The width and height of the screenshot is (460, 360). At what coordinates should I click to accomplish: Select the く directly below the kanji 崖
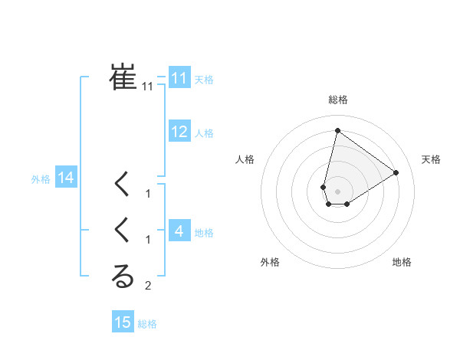123,184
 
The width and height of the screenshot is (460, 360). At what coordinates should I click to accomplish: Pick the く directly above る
123,230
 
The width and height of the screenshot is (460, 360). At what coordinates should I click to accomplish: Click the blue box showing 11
179,78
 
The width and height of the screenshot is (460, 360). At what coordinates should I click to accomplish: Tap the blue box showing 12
179,132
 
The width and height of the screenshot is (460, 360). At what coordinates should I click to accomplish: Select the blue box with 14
65,178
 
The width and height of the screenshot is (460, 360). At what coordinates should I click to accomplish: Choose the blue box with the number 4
179,231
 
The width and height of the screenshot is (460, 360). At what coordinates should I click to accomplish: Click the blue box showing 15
123,322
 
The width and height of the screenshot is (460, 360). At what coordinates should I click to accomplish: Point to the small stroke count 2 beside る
148,286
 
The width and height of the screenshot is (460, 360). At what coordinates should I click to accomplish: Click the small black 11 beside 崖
148,87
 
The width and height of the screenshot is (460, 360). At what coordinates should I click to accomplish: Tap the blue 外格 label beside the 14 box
41,179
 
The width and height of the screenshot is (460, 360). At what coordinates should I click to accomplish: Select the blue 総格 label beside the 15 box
147,324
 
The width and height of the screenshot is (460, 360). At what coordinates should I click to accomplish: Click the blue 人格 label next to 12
204,133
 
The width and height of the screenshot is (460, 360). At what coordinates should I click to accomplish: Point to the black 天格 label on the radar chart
431,159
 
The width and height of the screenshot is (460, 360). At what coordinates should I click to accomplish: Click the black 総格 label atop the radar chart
338,100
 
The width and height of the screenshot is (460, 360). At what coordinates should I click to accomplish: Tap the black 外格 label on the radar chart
270,262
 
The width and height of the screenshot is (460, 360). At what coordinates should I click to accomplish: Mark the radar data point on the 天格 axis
396,172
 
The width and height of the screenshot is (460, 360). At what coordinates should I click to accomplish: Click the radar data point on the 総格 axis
337,130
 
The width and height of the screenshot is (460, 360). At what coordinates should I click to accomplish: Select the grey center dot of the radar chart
337,191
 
